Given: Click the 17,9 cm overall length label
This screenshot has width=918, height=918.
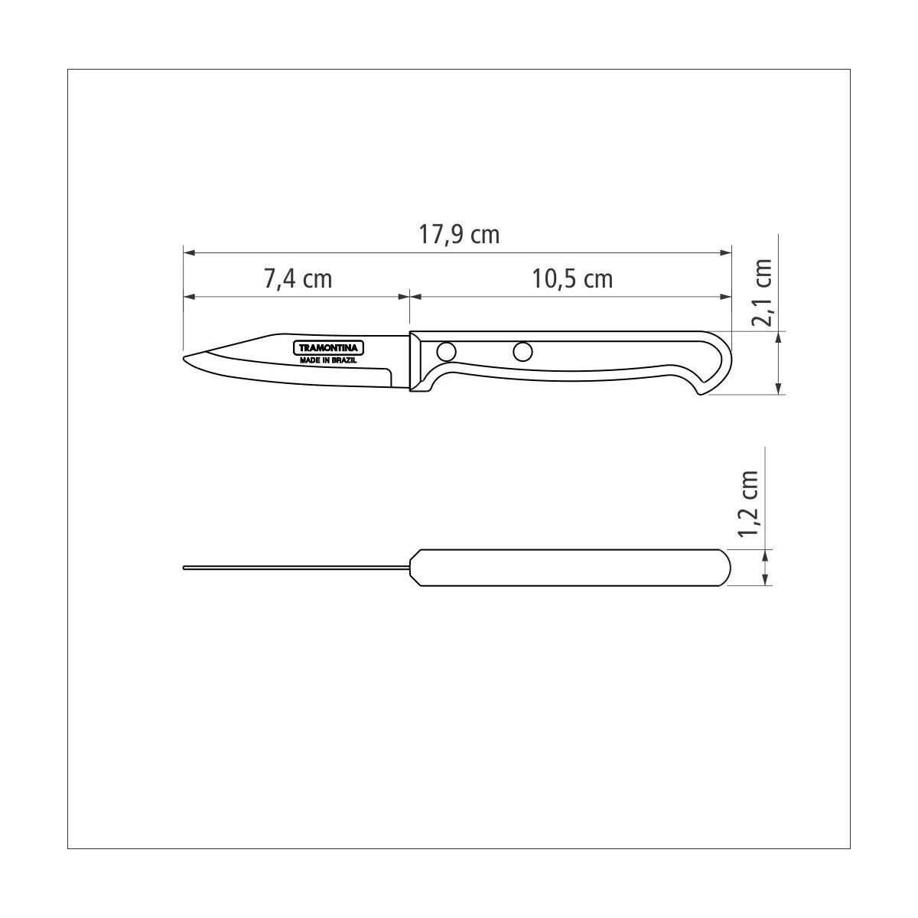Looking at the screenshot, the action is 459,235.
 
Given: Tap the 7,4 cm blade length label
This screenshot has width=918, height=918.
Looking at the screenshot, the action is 298,278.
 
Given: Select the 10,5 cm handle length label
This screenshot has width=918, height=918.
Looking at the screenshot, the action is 571,278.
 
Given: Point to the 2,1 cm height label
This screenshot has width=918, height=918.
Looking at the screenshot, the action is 760,292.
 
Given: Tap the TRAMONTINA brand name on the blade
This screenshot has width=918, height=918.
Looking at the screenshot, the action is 328,348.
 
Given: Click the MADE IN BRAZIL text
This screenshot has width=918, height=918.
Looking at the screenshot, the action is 327,360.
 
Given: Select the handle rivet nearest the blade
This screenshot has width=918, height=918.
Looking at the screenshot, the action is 446,352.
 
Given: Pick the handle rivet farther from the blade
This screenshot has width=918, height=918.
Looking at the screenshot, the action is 522,352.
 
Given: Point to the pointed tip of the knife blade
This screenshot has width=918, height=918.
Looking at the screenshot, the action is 184,358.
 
